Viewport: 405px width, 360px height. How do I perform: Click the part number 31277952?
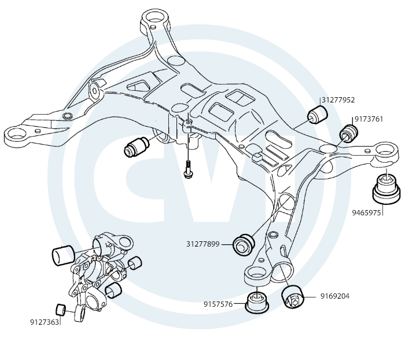click(338, 100)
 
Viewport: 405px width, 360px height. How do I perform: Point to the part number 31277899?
click(203, 244)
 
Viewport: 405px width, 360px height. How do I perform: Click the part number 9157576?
click(218, 304)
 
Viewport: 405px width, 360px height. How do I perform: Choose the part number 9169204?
click(335, 296)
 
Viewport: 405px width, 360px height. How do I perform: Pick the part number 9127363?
click(45, 321)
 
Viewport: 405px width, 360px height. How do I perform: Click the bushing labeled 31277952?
click(317, 112)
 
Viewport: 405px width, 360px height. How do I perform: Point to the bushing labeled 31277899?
click(243, 244)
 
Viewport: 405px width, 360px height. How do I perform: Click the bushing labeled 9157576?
click(257, 302)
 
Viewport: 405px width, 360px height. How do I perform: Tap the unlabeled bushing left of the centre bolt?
click(137, 147)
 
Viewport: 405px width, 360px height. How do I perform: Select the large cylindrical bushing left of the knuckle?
click(64, 255)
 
